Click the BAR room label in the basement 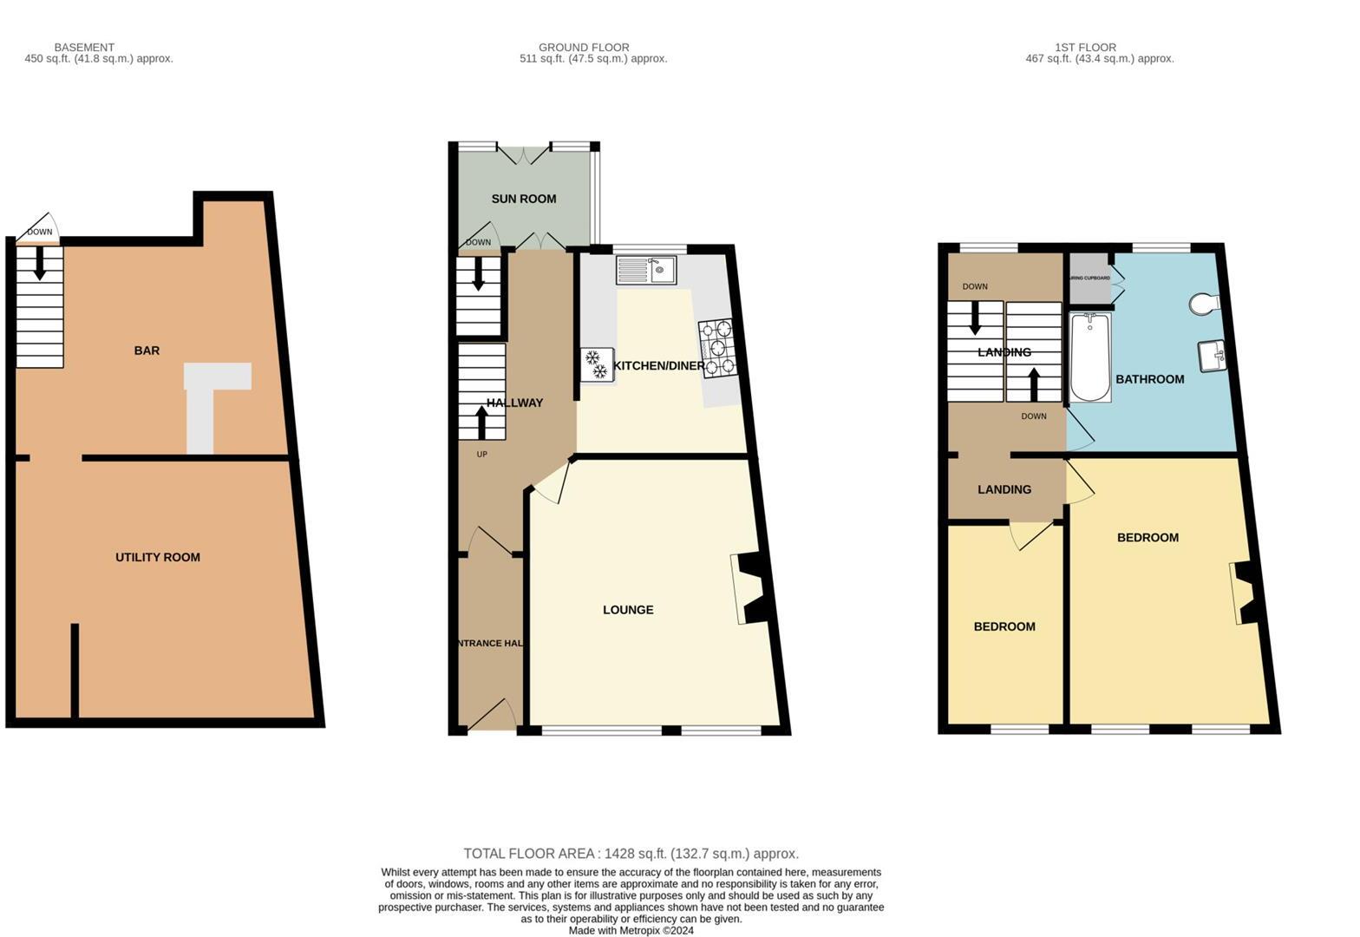[147, 351]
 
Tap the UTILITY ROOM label [158, 557]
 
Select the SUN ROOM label [524, 199]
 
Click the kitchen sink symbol [646, 270]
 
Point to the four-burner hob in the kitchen [717, 348]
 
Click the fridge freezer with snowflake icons [597, 364]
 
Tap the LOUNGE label [628, 610]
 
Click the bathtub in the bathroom [1089, 357]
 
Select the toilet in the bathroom [1205, 304]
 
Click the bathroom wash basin [1213, 355]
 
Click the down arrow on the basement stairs [39, 264]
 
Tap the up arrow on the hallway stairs [481, 423]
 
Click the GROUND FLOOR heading [584, 47]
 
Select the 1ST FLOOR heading [1085, 47]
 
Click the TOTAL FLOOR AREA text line [631, 854]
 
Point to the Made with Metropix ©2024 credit [631, 931]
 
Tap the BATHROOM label [1149, 379]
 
